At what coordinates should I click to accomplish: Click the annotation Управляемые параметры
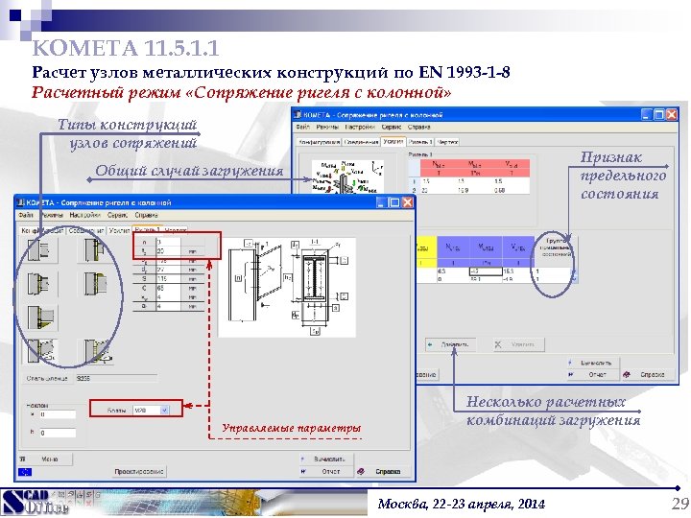click(x=291, y=428)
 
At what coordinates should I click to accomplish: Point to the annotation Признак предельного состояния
click(x=623, y=176)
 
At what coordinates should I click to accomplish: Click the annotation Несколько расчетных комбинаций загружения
click(x=554, y=412)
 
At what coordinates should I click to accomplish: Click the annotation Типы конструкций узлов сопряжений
click(x=127, y=133)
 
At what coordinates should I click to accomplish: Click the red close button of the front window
click(x=407, y=203)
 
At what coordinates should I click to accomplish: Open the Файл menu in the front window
click(x=26, y=217)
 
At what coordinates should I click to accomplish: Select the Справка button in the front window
click(x=386, y=472)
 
